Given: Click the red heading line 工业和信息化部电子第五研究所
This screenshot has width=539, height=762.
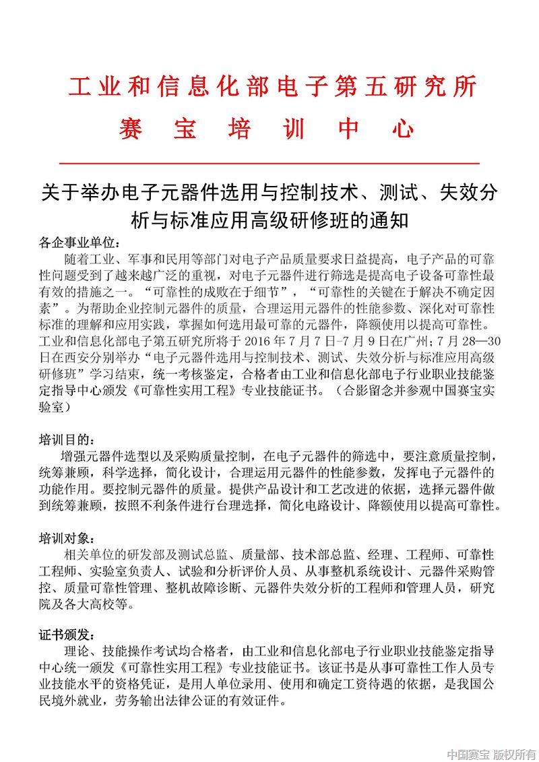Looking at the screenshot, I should [273, 88].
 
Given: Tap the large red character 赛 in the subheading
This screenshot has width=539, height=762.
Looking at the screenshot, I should [130, 128].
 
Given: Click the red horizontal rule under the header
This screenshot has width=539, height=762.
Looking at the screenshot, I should [269, 163].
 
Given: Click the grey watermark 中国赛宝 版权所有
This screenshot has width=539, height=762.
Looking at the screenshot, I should [490, 752].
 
